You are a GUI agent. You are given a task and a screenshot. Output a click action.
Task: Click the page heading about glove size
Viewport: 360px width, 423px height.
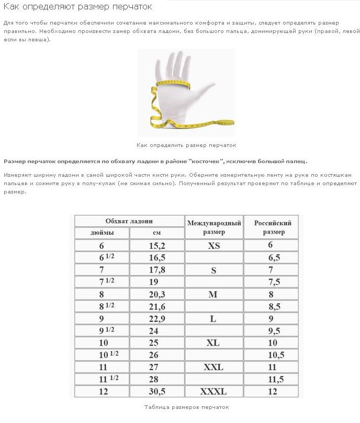click(78, 7)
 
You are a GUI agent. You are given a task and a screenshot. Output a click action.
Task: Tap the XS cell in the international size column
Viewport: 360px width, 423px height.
click(213, 245)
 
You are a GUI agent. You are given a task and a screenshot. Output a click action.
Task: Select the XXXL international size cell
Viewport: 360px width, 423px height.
click(213, 392)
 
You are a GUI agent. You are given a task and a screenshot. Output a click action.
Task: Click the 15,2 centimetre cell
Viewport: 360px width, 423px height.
click(156, 245)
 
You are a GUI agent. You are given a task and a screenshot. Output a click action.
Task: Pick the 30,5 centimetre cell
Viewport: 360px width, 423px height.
click(156, 392)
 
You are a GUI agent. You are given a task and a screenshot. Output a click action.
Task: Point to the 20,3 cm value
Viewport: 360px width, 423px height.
click(156, 294)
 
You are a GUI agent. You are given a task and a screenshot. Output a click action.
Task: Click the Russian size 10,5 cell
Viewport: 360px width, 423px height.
click(271, 355)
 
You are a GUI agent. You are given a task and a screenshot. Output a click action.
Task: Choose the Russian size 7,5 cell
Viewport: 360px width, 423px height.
click(271, 282)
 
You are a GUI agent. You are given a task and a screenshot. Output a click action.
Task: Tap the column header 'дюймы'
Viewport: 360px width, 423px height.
click(102, 233)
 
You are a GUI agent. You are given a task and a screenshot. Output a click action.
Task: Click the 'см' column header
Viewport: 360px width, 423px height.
click(156, 233)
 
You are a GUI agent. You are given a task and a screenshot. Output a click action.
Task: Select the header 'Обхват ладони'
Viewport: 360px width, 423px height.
click(129, 221)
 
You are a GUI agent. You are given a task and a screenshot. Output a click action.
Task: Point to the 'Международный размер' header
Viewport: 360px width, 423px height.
click(213, 227)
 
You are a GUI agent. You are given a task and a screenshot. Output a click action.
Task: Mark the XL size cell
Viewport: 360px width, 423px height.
click(213, 343)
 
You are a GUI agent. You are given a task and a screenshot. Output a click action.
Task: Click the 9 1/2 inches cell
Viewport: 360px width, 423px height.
click(102, 330)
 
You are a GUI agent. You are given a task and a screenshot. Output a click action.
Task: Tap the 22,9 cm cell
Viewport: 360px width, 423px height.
click(156, 318)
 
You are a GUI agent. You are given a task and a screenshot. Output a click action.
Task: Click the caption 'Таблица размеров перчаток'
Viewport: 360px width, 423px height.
click(186, 407)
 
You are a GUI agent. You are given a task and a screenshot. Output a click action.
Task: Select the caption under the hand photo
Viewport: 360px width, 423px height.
click(186, 145)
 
